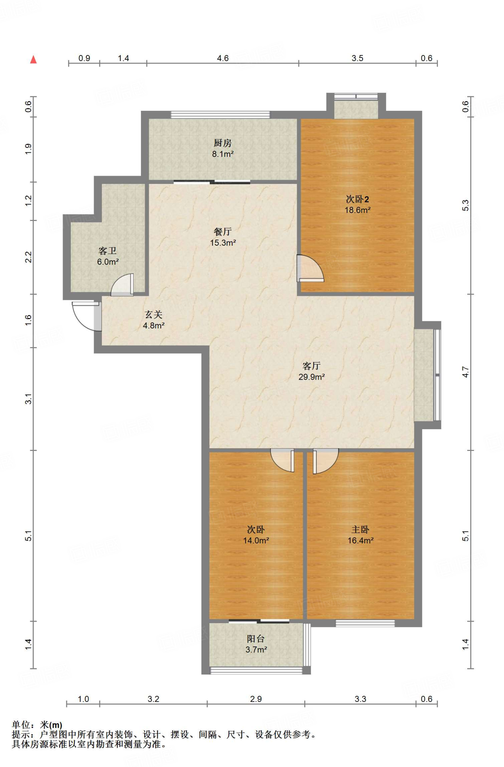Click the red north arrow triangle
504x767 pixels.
point(33,59)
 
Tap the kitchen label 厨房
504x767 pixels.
point(223,143)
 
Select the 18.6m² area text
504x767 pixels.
point(357,210)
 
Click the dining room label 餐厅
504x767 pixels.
point(223,231)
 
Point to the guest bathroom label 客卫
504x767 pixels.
point(108,251)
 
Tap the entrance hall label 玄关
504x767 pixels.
point(154,315)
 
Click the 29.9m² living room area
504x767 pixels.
point(311,377)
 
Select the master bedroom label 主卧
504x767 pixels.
point(360,529)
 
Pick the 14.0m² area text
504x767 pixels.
point(256,540)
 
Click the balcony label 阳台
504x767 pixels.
point(256,639)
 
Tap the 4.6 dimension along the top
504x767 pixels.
point(223,58)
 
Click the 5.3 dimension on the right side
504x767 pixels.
point(465,205)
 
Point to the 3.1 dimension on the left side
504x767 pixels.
point(28,399)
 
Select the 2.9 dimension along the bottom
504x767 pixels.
point(256,699)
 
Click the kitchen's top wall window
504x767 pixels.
point(220,115)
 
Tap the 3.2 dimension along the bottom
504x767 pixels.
point(153,699)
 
